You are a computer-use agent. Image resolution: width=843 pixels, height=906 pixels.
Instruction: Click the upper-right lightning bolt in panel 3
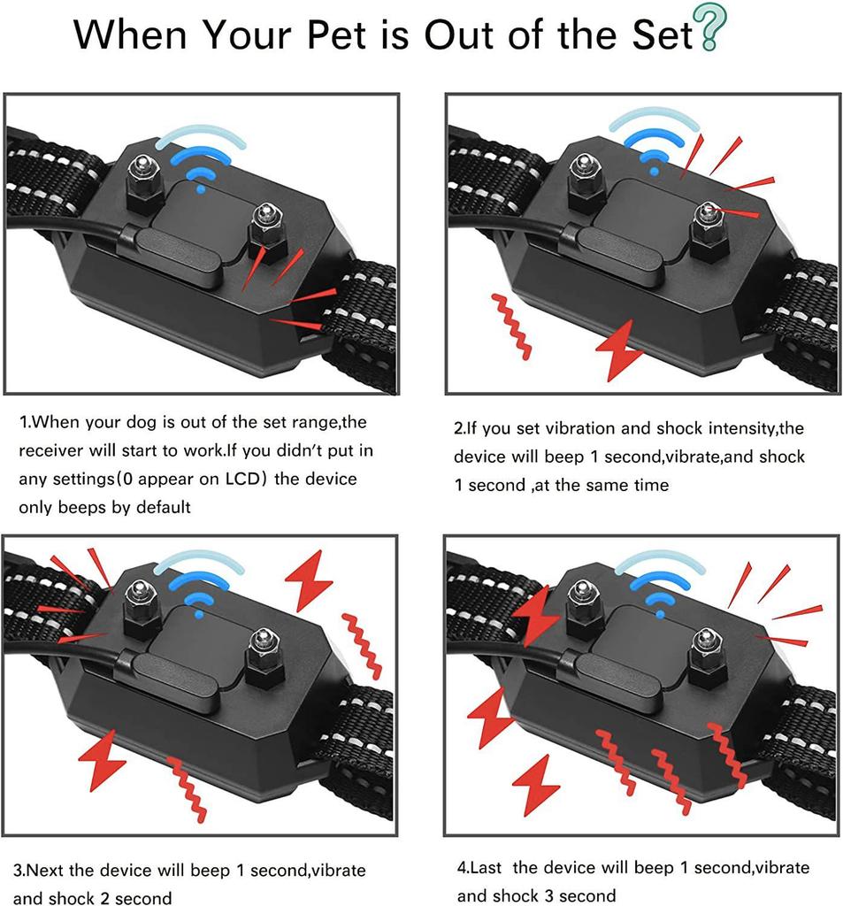point(310,580)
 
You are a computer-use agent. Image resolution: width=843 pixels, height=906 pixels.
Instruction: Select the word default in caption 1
point(159,507)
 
